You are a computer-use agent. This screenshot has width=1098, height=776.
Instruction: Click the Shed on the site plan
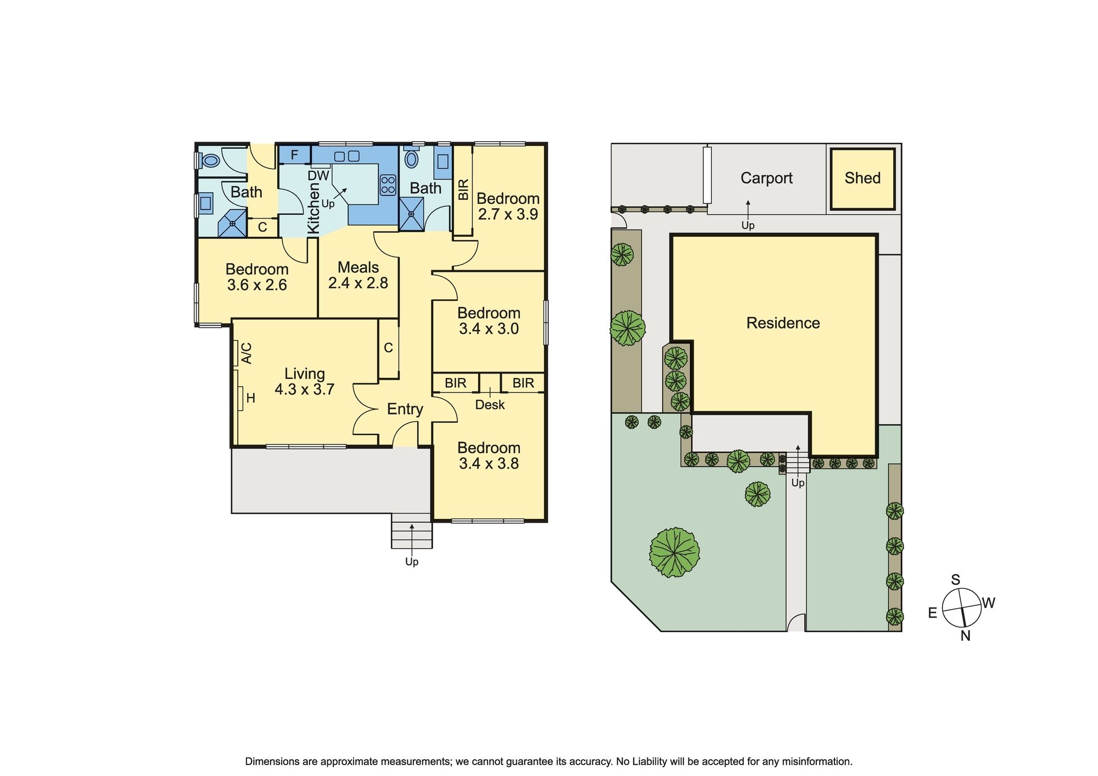pos(862,178)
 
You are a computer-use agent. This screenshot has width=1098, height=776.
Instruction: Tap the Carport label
pos(766,178)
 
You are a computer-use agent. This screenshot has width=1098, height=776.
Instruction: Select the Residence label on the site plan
pos(783,323)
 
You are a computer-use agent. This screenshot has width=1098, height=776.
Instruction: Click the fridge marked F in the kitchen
pos(294,155)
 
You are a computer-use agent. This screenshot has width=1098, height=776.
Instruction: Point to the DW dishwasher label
pos(318,176)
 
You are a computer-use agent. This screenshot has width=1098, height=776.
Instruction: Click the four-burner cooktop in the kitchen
pos(388,185)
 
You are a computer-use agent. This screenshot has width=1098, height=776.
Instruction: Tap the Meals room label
pos(358,267)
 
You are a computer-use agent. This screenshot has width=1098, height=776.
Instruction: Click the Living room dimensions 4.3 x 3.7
pos(305,389)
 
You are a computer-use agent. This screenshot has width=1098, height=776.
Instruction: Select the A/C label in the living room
pos(247,353)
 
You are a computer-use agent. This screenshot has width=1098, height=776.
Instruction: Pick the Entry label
pos(405,409)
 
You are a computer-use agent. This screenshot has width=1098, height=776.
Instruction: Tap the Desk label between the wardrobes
pos(490,405)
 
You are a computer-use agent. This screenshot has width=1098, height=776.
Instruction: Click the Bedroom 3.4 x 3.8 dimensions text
pos(489,464)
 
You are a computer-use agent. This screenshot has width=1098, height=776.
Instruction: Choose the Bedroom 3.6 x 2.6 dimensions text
pos(257,285)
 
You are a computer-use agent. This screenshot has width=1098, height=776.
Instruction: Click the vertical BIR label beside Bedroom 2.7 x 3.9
pos(463,190)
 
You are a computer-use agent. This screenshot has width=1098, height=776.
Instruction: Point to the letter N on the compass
pos(966,636)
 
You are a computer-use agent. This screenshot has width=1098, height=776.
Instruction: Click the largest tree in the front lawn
pos(674,552)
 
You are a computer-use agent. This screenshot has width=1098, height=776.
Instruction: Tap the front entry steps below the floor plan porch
pos(412,531)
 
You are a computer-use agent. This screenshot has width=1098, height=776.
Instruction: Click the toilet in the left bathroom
pos(210,161)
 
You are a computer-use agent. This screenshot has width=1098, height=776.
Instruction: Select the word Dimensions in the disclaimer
pos(272,762)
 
